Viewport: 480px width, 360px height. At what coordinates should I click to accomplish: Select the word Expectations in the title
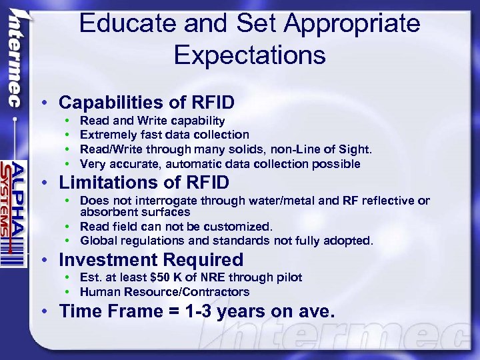point(249,55)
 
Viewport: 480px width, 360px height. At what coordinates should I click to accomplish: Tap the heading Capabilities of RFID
point(147,103)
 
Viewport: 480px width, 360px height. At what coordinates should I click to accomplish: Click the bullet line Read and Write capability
point(152,121)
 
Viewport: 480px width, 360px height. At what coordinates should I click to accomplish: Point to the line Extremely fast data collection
point(164,135)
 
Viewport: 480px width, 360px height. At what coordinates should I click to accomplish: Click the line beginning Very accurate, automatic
point(220,164)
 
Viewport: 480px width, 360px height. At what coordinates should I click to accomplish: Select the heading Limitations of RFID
point(144,182)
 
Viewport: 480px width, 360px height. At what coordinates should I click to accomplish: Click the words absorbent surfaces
point(135,212)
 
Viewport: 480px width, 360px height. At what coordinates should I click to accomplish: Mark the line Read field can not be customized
point(177,227)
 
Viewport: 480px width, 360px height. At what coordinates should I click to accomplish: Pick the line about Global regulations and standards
point(227,241)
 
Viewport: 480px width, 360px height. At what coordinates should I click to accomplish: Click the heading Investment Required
point(151,259)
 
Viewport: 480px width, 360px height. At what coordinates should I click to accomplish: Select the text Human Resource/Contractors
point(165,292)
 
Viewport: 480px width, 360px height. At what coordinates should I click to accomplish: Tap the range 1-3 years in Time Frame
point(214,311)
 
